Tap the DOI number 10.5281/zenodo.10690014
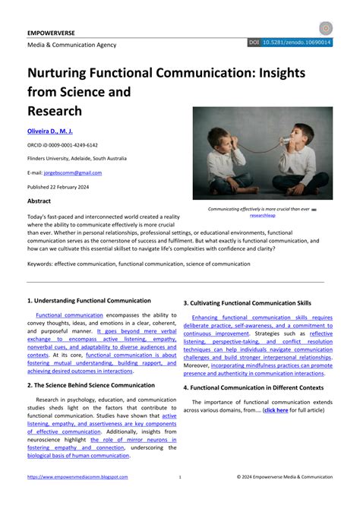(x=297, y=43)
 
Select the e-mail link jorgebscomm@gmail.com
(x=74, y=172)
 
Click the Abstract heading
(x=39, y=201)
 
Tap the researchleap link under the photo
(x=263, y=216)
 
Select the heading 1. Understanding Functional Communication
(x=89, y=302)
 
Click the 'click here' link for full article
(x=275, y=410)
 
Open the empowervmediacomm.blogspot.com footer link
(x=77, y=477)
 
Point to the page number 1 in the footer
(x=180, y=477)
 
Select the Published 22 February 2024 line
(x=58, y=186)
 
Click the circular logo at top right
(x=326, y=28)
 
